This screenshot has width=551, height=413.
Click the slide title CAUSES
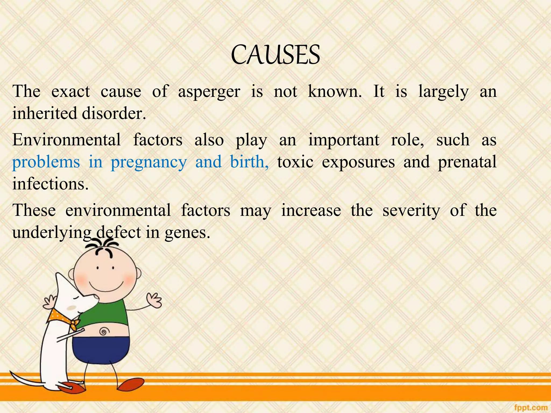pyautogui.click(x=275, y=55)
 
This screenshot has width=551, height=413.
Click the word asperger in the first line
pyautogui.click(x=209, y=92)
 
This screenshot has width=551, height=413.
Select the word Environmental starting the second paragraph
pyautogui.click(x=66, y=140)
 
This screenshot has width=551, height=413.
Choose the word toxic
pyautogui.click(x=295, y=162)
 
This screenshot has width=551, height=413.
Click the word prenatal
pyautogui.click(x=467, y=162)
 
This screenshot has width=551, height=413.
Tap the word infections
pyautogui.click(x=50, y=184)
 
